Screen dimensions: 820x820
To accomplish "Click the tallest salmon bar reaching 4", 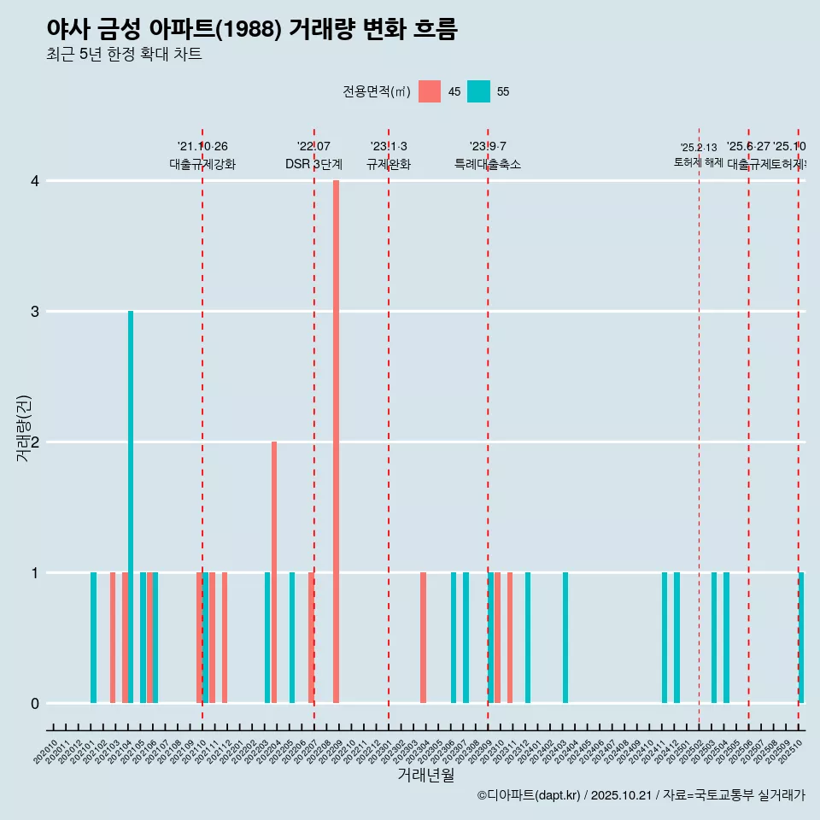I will (x=336, y=442).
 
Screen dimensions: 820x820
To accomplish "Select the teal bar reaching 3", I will (x=131, y=507).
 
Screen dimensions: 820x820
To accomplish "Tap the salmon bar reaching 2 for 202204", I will (x=274, y=572).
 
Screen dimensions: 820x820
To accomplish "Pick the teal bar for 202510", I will (x=801, y=637).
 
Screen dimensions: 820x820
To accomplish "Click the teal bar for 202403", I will (x=565, y=637).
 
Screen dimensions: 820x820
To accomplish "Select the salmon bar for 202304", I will (x=423, y=637).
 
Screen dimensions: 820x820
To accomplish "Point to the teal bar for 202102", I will (x=94, y=637).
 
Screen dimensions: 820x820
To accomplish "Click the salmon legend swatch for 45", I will (x=430, y=91).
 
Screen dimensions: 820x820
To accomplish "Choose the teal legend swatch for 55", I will (x=479, y=91).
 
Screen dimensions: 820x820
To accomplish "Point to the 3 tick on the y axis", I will (x=35, y=312).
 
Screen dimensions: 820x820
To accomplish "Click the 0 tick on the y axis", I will (x=35, y=704).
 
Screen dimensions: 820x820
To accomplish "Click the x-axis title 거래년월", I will (x=425, y=775).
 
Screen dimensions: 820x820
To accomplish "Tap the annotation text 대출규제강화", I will (x=202, y=164).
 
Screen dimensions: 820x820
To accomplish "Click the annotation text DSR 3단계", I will (x=314, y=164).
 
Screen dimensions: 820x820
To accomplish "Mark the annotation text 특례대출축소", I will (x=488, y=164).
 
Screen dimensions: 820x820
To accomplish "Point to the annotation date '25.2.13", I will (x=699, y=148).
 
